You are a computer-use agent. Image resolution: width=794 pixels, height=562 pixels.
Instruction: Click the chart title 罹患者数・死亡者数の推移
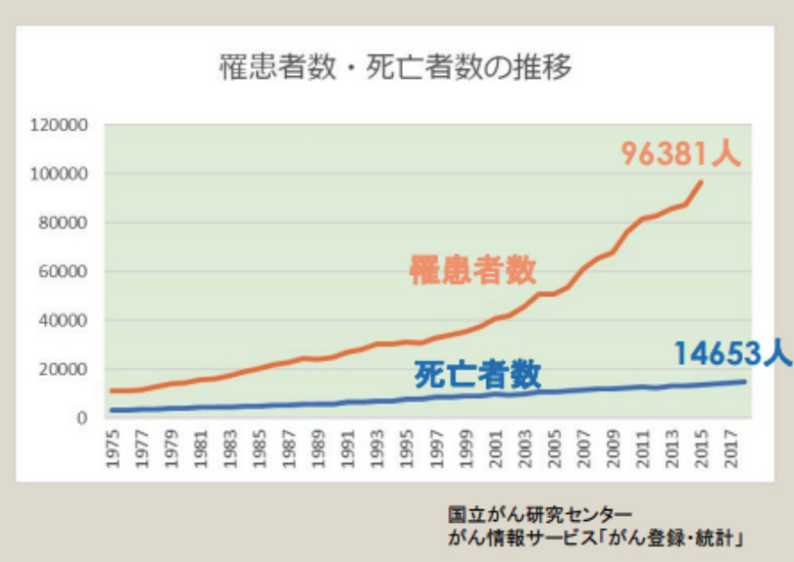tap(395, 66)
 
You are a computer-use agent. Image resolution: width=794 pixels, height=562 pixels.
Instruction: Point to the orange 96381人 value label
tap(681, 153)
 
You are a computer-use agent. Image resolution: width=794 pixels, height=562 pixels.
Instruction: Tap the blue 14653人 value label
tap(733, 353)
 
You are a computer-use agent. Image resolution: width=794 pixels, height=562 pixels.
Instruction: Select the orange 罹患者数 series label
tap(472, 270)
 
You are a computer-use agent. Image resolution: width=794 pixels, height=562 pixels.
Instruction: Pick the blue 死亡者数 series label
tap(478, 375)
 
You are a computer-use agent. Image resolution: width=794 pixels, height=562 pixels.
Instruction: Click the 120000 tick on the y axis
tap(59, 125)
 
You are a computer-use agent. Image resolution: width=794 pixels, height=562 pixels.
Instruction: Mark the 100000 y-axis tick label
tap(59, 174)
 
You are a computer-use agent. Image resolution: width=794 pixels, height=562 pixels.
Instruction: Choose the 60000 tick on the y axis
tap(63, 271)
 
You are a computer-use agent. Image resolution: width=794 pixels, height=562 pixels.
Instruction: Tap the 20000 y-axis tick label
tap(63, 369)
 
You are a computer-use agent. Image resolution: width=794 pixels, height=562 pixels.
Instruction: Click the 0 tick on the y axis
tap(82, 419)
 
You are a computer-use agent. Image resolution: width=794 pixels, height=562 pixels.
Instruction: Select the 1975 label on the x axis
tap(112, 449)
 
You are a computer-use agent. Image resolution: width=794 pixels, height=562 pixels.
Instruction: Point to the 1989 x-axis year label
tap(318, 449)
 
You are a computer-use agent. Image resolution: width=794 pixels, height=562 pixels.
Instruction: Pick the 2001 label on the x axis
tap(495, 449)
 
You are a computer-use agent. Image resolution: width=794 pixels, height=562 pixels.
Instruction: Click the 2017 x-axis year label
tap(731, 449)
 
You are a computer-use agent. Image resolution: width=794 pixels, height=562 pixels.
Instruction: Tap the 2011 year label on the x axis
tap(642, 449)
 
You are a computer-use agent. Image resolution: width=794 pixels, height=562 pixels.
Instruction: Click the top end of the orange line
tap(701, 181)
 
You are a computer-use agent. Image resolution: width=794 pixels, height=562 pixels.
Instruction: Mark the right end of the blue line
tap(745, 381)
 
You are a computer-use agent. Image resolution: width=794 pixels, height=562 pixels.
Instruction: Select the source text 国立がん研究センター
tap(539, 514)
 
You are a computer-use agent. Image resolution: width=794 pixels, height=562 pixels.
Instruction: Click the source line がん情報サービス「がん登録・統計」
tap(595, 538)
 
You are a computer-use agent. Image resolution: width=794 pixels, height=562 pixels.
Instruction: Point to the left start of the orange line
tap(112, 390)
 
